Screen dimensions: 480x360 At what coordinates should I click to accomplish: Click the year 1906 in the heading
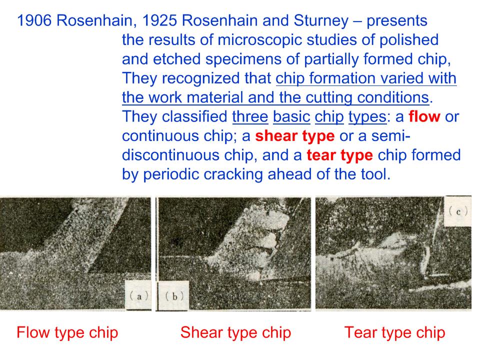pyautogui.click(x=34, y=21)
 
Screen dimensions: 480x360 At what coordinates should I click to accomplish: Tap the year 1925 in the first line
pyautogui.click(x=159, y=21)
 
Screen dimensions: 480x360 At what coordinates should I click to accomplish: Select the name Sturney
pyautogui.click(x=321, y=21)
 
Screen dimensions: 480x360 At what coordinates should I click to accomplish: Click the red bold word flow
pyautogui.click(x=424, y=116)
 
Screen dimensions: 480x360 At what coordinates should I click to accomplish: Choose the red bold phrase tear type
pyautogui.click(x=339, y=155)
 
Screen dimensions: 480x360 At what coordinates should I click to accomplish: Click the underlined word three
pyautogui.click(x=250, y=116)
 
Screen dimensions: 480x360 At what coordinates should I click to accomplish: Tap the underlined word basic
pyautogui.click(x=291, y=116)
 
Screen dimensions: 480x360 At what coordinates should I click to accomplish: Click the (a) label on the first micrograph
pyautogui.click(x=139, y=295)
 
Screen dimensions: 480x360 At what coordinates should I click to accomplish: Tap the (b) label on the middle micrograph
pyautogui.click(x=174, y=296)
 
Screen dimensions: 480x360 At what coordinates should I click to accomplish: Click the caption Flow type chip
pyautogui.click(x=67, y=333)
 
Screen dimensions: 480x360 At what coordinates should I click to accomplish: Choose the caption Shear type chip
pyautogui.click(x=235, y=333)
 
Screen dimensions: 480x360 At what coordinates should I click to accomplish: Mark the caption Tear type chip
pyautogui.click(x=394, y=333)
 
